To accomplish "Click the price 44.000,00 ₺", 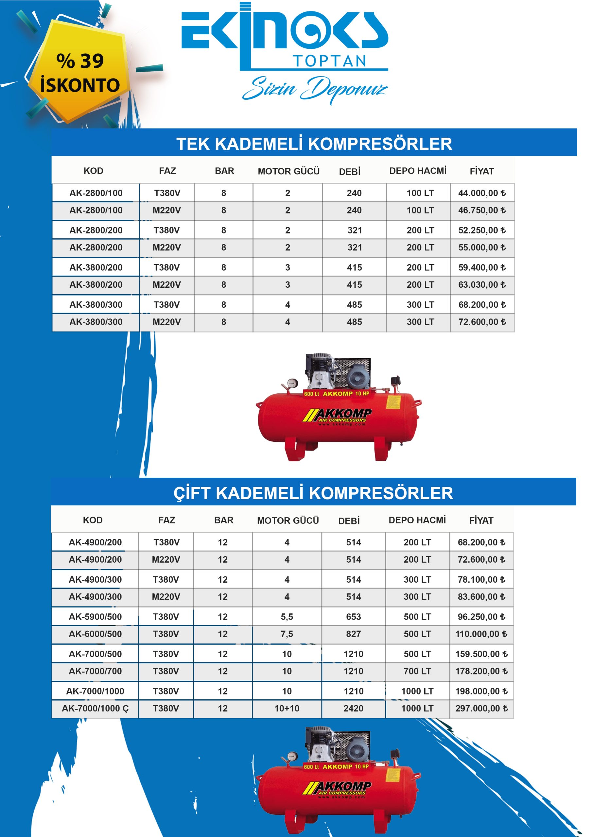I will (x=481, y=193).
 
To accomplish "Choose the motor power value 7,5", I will (x=287, y=634).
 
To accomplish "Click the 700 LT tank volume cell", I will (x=417, y=671).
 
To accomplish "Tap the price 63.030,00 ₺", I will (x=481, y=285).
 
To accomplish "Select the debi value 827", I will (x=353, y=634).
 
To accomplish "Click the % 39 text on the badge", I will (x=80, y=61).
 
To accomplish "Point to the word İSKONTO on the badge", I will (x=80, y=85).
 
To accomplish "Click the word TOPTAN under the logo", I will (x=329, y=61).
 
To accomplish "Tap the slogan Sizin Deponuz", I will (x=314, y=89).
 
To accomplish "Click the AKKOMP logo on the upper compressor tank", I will (x=338, y=416).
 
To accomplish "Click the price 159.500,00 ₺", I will (x=481, y=654).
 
